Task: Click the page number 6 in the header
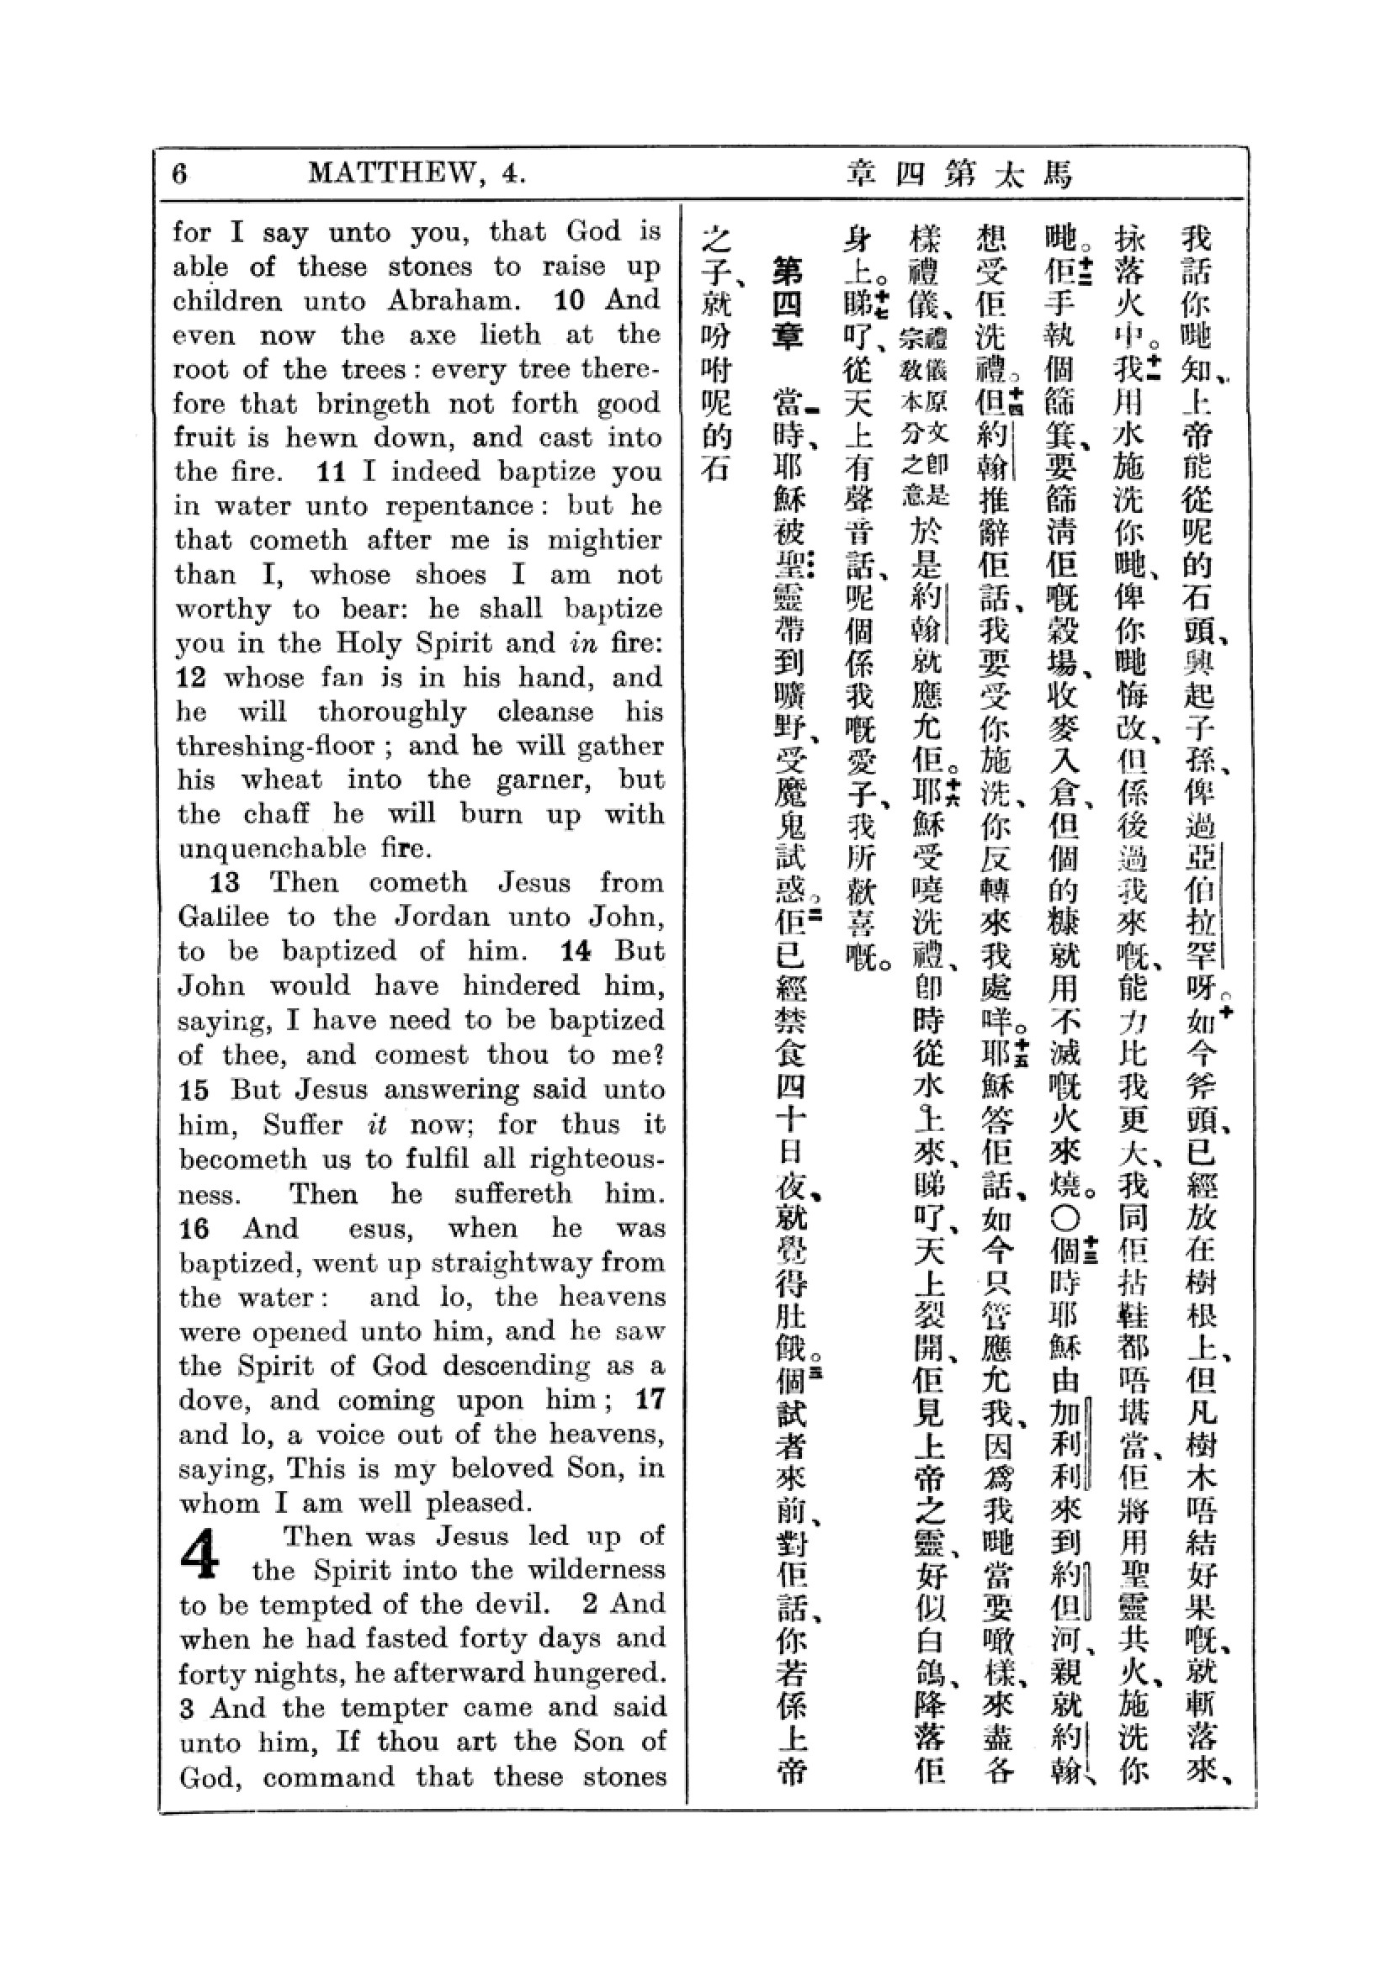[179, 174]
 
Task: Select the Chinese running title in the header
[960, 175]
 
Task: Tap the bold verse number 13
[225, 882]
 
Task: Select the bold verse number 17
[650, 1399]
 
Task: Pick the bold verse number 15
[194, 1090]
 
